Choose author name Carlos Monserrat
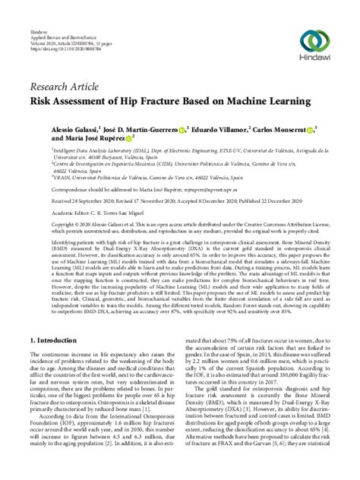tap(285, 129)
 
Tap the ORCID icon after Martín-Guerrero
tap(182, 129)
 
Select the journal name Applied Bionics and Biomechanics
tap(62, 30)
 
